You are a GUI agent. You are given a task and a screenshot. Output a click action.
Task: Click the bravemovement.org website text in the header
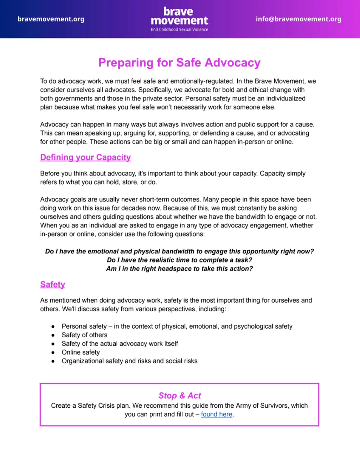point(51,19)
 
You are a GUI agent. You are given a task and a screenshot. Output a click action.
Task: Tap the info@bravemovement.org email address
point(298,19)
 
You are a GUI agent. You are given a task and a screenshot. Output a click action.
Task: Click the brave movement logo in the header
point(179,16)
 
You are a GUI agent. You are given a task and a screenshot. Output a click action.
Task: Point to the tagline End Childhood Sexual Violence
point(179,30)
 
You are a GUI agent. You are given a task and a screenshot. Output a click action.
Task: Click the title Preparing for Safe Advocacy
point(179,63)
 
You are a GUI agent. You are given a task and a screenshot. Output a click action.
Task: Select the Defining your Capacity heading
point(85,157)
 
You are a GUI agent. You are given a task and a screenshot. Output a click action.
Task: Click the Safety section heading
point(53,284)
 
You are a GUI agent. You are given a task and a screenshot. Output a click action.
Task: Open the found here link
point(217,414)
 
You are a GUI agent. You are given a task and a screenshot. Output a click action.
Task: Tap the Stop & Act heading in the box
point(180,396)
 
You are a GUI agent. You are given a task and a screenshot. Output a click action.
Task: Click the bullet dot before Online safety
point(53,352)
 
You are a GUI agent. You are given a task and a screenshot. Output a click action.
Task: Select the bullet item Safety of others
point(84,335)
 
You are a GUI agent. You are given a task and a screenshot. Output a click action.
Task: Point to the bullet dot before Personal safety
point(53,326)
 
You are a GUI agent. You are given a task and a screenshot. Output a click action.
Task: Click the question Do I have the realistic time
point(179,260)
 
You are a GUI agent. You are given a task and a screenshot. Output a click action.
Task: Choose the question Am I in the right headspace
point(179,269)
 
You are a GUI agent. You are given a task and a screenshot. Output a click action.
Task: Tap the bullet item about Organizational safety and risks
point(129,361)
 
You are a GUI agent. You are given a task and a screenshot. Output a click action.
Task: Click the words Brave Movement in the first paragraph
point(279,81)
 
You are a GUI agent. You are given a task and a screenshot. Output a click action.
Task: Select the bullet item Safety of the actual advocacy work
point(120,344)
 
